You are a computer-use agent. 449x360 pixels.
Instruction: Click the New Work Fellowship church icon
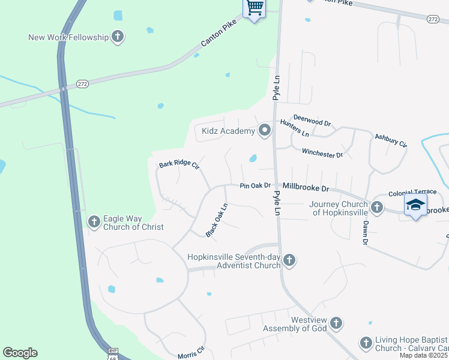pos(118,37)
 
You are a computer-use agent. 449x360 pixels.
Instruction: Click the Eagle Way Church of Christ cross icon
pos(94,223)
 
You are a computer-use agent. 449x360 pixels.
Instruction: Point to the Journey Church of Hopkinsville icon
pos(376,208)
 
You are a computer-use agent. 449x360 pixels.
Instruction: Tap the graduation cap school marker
pos(416,205)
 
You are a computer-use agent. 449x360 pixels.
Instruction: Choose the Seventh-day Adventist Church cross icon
pos(289,260)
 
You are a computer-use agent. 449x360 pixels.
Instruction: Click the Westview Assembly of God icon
pos(336,323)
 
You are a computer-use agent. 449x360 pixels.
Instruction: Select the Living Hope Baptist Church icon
pos(366,343)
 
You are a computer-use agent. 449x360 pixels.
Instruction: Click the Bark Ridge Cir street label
pos(178,164)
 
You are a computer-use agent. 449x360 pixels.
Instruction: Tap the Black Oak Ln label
pos(217,220)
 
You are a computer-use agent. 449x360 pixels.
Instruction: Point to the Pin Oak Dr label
pos(256,186)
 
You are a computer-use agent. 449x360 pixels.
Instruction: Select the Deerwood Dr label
pos(312,120)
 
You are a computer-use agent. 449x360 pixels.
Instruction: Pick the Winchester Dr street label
pos(322,154)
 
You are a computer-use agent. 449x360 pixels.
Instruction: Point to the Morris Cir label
pos(191,353)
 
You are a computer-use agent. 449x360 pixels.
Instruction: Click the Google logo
pos(20,353)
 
